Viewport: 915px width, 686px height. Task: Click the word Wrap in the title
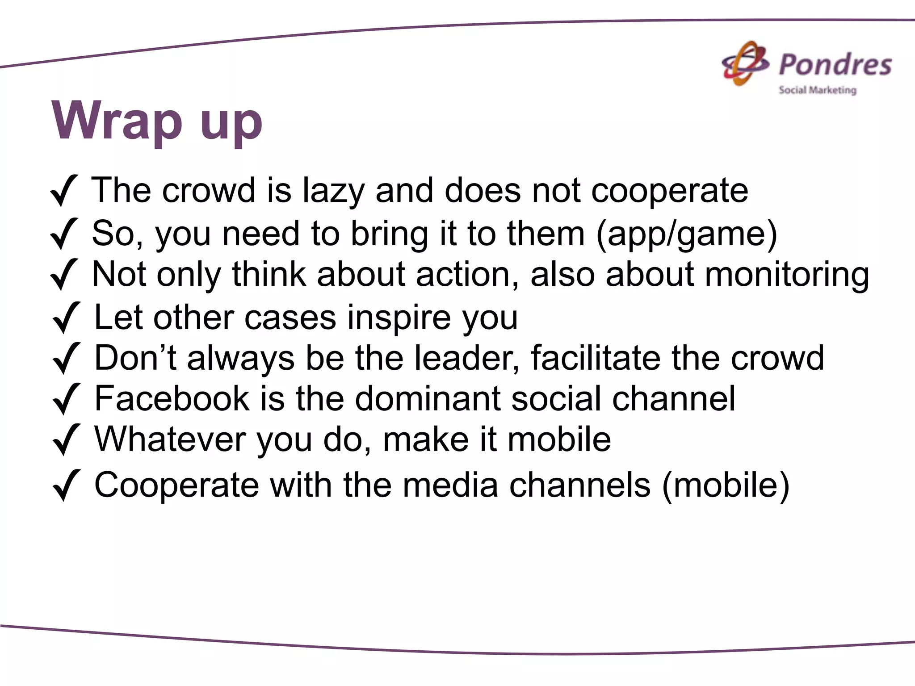pyautogui.click(x=117, y=121)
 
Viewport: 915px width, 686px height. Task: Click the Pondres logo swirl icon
pyautogui.click(x=745, y=64)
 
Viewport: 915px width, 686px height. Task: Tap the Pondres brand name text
pyautogui.click(x=835, y=65)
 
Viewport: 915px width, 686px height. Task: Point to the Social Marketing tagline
pyautogui.click(x=817, y=90)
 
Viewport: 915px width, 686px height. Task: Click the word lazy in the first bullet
pyautogui.click(x=333, y=191)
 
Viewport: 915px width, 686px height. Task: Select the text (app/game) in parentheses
pyautogui.click(x=687, y=234)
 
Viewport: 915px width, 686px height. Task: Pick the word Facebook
pyautogui.click(x=172, y=399)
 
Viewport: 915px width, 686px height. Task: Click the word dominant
pyautogui.click(x=428, y=399)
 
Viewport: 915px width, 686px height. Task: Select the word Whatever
pyautogui.click(x=170, y=439)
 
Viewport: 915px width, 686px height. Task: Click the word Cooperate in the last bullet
pyautogui.click(x=177, y=485)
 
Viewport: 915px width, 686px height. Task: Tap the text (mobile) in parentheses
pyautogui.click(x=726, y=485)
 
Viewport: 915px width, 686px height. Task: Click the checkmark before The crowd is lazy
pyautogui.click(x=64, y=191)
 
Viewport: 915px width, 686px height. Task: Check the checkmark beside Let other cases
pyautogui.click(x=66, y=318)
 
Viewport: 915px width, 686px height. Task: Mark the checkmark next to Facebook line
pyautogui.click(x=66, y=399)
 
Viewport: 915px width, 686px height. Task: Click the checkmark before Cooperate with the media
pyautogui.click(x=66, y=485)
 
